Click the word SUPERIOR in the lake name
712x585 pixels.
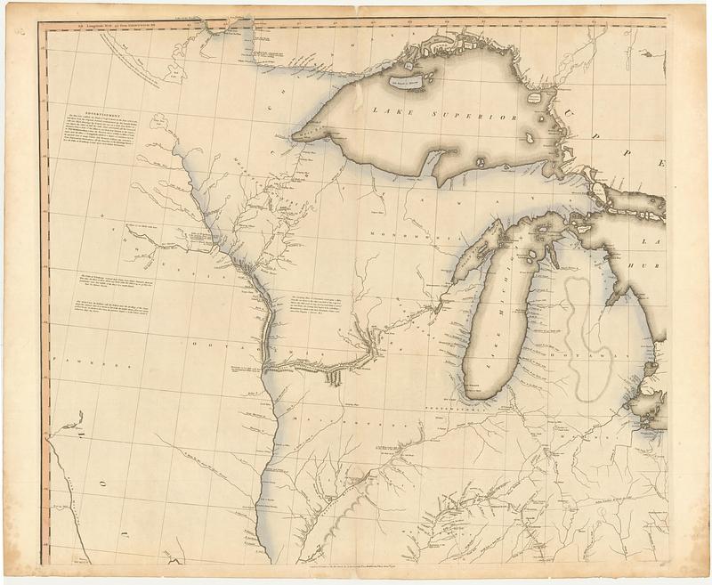click(479, 116)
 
